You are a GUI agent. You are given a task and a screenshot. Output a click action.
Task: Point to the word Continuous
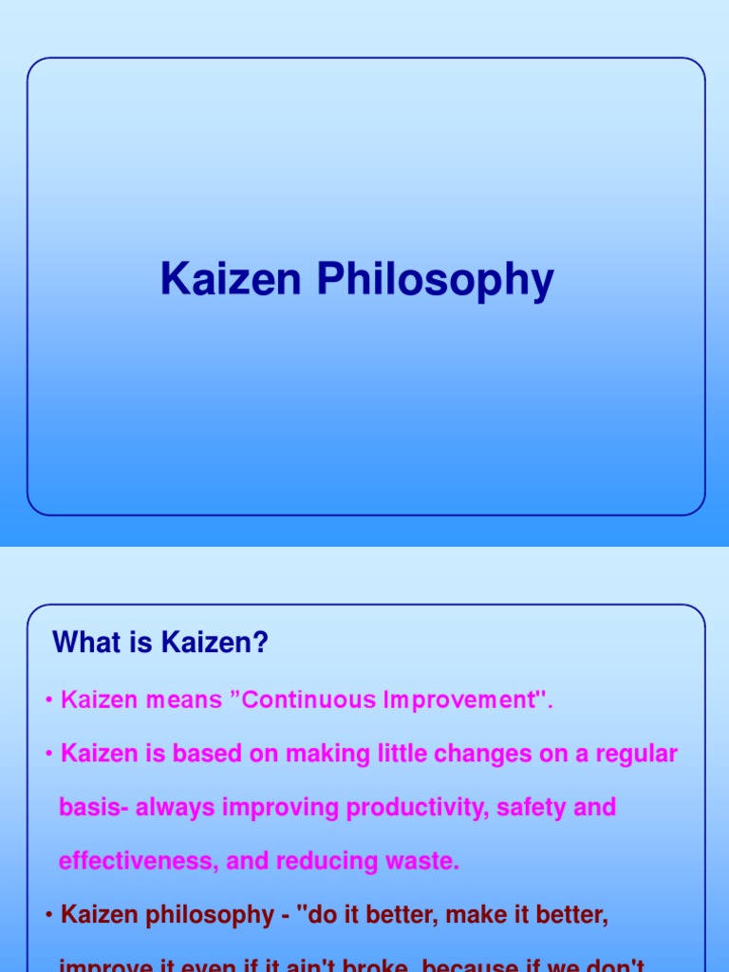305,701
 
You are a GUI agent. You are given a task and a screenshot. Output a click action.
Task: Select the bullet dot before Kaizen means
48,701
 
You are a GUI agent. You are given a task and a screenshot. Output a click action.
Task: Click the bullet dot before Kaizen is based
48,756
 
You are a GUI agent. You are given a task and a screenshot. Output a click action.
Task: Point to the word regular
635,755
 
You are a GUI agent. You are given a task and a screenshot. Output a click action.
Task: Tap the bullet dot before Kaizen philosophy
48,916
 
